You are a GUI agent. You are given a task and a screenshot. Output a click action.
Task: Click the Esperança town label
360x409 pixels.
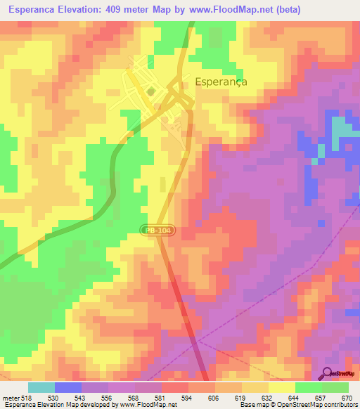point(221,82)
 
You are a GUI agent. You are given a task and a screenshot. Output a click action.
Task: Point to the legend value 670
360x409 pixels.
point(347,398)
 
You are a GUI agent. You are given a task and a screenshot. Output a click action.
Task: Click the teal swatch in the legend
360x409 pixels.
point(41,387)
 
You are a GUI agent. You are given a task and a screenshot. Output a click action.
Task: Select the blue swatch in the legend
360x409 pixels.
point(68,387)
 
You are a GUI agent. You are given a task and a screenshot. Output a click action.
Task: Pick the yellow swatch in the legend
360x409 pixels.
point(282,387)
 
